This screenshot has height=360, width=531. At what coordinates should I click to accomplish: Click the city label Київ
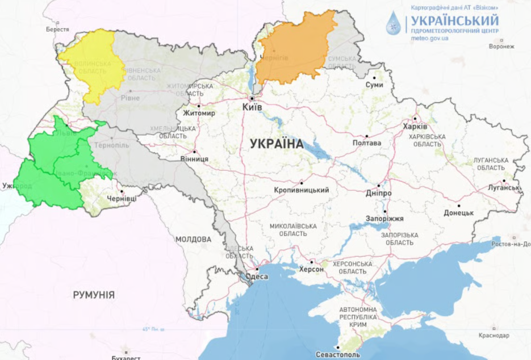(x=252, y=107)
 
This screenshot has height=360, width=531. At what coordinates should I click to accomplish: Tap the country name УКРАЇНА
(x=277, y=144)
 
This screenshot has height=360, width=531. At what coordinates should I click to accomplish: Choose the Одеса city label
(x=257, y=277)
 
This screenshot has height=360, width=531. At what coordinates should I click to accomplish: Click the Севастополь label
(x=337, y=354)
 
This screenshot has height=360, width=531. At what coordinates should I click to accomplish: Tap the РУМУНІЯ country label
(x=94, y=295)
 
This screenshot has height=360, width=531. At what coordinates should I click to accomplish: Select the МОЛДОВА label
(x=193, y=239)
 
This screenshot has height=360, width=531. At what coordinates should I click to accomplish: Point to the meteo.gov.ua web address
(x=429, y=39)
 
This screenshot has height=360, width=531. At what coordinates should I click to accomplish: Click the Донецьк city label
(x=459, y=212)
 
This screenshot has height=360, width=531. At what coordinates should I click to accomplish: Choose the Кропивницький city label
(x=301, y=190)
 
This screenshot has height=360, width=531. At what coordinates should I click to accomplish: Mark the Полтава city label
(x=366, y=143)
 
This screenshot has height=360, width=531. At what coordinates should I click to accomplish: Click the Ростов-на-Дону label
(x=511, y=244)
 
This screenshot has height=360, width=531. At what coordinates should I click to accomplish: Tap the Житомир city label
(x=199, y=113)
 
